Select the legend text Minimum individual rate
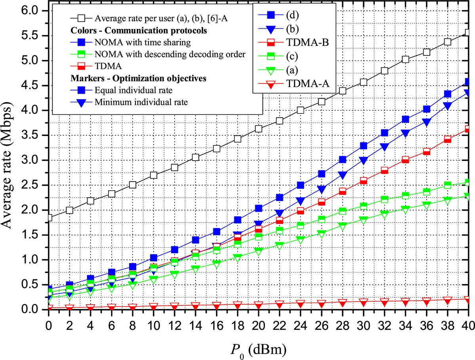tap(141, 102)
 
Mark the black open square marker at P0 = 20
tap(258, 129)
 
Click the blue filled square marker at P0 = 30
tap(363, 146)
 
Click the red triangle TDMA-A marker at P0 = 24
tap(300, 303)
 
